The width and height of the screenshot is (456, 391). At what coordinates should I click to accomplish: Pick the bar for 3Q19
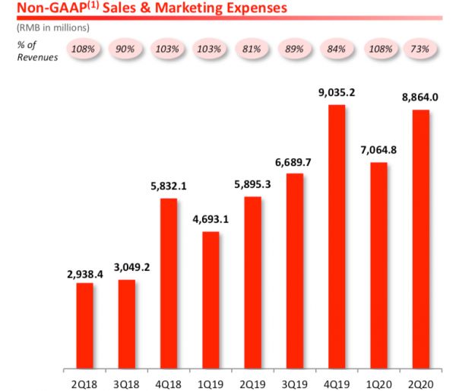(x=295, y=269)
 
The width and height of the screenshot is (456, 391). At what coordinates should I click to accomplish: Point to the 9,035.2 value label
(x=337, y=94)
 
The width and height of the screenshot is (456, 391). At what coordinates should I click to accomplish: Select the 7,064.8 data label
(x=378, y=151)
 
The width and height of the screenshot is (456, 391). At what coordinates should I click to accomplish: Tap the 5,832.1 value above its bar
(x=169, y=187)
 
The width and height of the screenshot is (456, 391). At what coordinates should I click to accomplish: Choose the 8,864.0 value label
(x=420, y=99)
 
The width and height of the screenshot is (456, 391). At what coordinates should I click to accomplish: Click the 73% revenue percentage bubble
(x=420, y=49)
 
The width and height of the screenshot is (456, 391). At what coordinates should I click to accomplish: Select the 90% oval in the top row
(x=126, y=49)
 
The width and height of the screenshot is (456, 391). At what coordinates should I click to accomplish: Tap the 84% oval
(x=336, y=49)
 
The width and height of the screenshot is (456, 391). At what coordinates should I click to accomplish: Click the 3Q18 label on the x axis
(x=127, y=378)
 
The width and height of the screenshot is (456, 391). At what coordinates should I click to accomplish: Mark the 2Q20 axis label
(x=420, y=378)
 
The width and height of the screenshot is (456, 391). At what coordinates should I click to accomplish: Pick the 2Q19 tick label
(x=252, y=378)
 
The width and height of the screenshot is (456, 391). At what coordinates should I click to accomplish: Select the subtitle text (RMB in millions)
(x=53, y=28)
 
